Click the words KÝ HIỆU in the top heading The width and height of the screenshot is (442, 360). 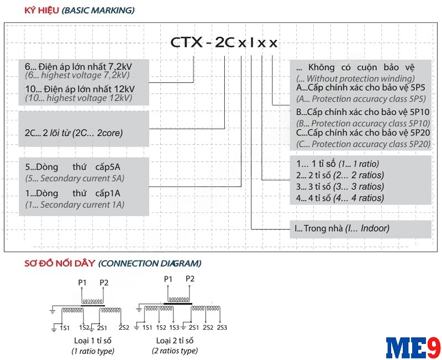pos(41,11)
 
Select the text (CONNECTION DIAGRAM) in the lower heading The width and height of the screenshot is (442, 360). pos(150,264)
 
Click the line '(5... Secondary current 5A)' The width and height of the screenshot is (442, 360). pos(75,179)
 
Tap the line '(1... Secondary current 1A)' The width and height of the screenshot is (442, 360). pos(75,205)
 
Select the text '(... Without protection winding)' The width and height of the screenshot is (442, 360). pos(355,79)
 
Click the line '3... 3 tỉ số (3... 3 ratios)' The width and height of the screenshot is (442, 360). pos(340,186)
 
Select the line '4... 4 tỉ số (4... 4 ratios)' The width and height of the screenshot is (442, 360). pos(340,198)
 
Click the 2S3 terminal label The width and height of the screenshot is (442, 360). pos(222,328)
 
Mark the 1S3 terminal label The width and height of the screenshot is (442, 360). pos(174,328)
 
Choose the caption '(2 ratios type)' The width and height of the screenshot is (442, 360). pos(175,351)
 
